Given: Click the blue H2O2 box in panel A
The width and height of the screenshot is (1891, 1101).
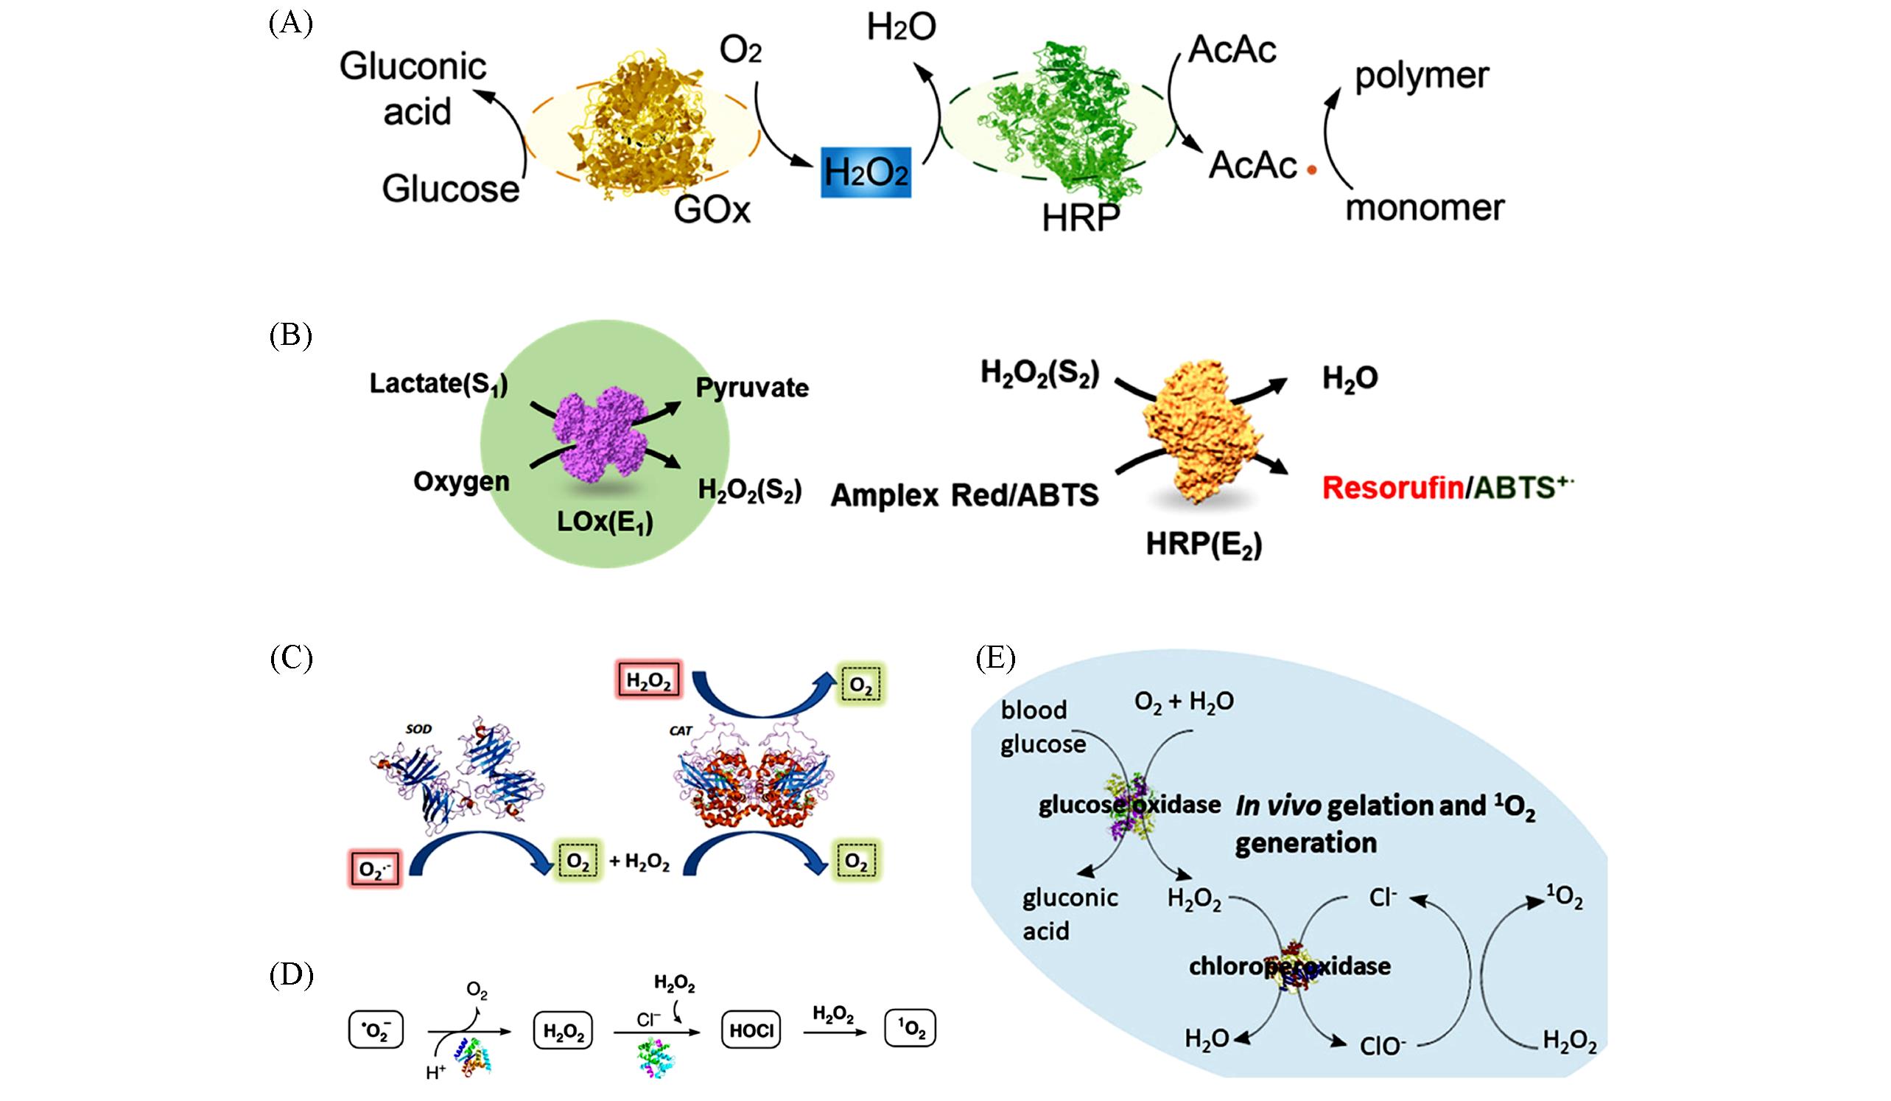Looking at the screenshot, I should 866,172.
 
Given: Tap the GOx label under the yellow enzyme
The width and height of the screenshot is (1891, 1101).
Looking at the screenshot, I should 712,209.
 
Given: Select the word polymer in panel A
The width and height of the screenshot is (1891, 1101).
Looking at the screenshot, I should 1421,77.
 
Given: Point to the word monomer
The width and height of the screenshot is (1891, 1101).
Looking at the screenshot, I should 1424,208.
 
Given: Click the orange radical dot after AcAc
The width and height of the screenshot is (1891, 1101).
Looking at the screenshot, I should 1312,171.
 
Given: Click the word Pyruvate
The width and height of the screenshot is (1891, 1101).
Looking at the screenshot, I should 752,388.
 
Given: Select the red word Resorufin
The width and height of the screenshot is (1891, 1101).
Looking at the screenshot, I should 1392,488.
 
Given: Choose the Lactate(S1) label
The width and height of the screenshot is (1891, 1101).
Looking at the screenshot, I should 438,383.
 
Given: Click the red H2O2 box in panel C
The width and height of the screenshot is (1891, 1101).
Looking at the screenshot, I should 648,682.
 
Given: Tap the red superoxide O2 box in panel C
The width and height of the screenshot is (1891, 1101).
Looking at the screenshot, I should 375,869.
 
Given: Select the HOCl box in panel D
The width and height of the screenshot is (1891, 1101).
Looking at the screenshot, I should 751,1030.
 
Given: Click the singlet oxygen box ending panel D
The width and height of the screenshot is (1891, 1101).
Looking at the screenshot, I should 911,1030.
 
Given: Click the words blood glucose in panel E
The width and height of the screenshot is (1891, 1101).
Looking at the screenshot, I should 1042,727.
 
